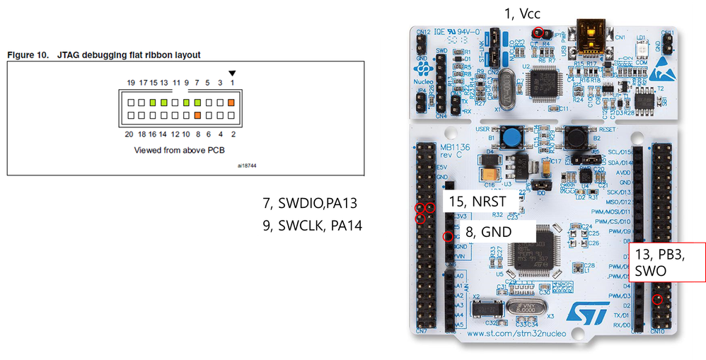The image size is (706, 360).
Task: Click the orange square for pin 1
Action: click(x=231, y=103)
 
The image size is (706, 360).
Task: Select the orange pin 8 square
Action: click(x=197, y=115)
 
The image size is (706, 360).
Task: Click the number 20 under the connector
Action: click(x=129, y=133)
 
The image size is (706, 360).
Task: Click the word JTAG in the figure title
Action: click(x=54, y=54)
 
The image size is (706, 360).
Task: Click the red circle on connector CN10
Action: click(x=658, y=299)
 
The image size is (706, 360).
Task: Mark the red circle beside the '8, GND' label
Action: click(x=447, y=236)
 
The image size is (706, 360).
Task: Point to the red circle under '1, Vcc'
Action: click(x=538, y=32)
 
